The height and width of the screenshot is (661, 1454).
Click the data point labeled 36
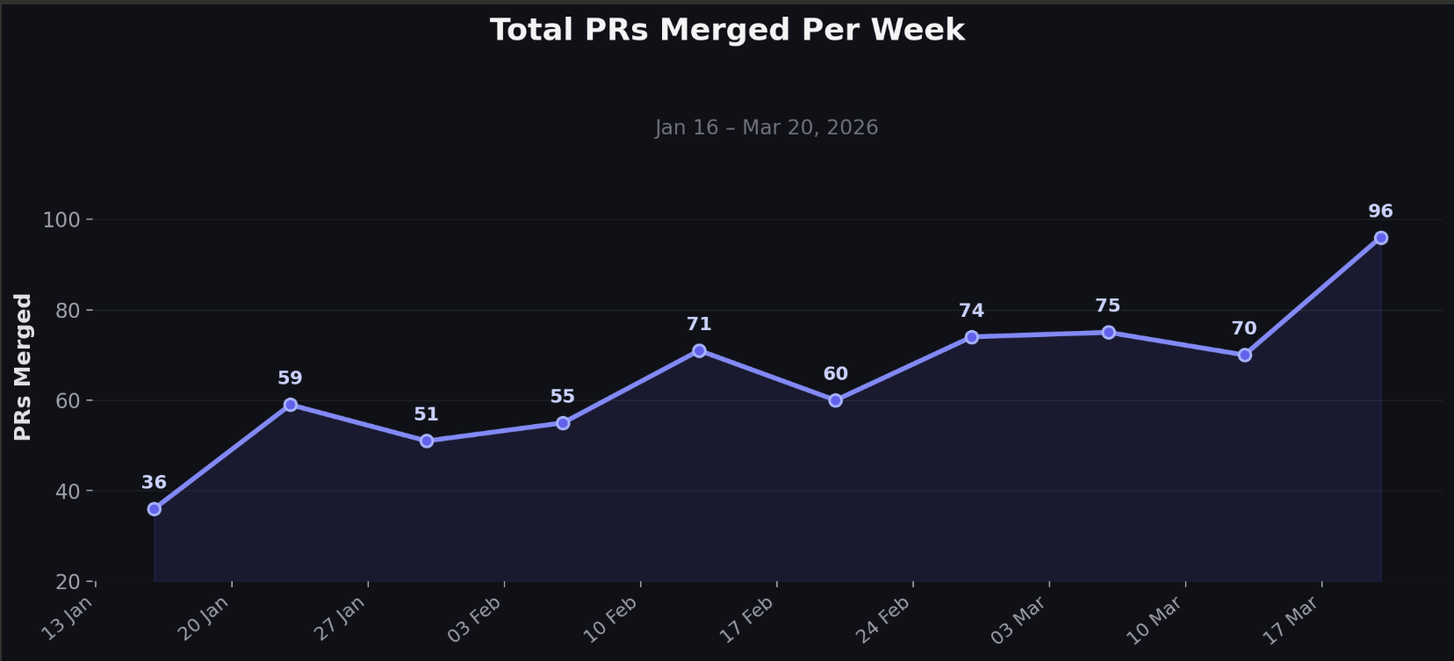coord(155,509)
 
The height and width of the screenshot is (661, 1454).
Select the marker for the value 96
coord(1381,238)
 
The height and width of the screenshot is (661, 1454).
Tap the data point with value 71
coord(699,351)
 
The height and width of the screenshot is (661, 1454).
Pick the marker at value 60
coord(836,400)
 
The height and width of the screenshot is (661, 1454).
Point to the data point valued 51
coord(427,441)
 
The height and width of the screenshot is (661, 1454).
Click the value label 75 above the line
coord(1108,305)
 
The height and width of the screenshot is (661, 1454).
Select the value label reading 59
coord(290,378)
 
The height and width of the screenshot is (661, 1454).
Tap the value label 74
coord(971,311)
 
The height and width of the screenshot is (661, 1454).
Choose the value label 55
coord(562,397)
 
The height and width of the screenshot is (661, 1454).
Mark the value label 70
coord(1244,328)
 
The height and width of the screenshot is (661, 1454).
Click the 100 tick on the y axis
coord(61,220)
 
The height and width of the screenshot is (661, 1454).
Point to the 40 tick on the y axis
coord(68,492)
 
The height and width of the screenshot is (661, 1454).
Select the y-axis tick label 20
coord(68,582)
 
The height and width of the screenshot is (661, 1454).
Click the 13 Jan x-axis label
coord(68,618)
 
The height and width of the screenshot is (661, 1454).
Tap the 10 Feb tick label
coord(611,618)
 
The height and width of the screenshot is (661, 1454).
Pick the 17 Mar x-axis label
coord(1291,619)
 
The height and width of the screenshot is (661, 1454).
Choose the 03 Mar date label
coord(1019,619)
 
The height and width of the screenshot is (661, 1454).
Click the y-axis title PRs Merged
coord(23,367)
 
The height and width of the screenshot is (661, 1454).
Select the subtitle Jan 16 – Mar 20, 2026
coord(767,127)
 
